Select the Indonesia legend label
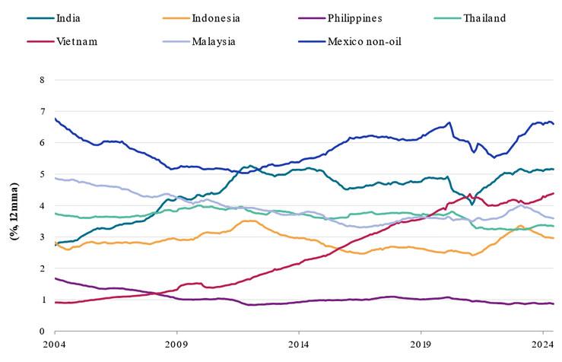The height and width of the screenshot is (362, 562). [x=217, y=17]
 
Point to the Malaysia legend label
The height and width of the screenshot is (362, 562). [x=214, y=41]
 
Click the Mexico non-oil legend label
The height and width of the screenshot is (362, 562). [x=364, y=41]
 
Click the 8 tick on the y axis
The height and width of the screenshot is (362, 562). [x=42, y=79]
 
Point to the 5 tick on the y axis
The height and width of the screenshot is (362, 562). [x=42, y=173]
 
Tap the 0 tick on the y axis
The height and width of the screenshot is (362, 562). [x=42, y=332]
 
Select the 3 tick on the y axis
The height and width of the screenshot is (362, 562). [x=42, y=237]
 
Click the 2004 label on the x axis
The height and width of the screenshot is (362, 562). [x=55, y=345]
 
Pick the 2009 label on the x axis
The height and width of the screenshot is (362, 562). [x=176, y=345]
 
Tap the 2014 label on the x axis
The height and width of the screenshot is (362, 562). [x=299, y=345]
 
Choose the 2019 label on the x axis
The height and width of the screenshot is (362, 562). [x=421, y=345]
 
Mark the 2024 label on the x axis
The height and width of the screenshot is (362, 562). [x=542, y=345]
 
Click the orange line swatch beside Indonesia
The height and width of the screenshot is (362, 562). [x=176, y=17]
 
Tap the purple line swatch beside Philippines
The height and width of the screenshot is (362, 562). [x=313, y=17]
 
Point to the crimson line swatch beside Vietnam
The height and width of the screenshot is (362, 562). [x=40, y=41]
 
